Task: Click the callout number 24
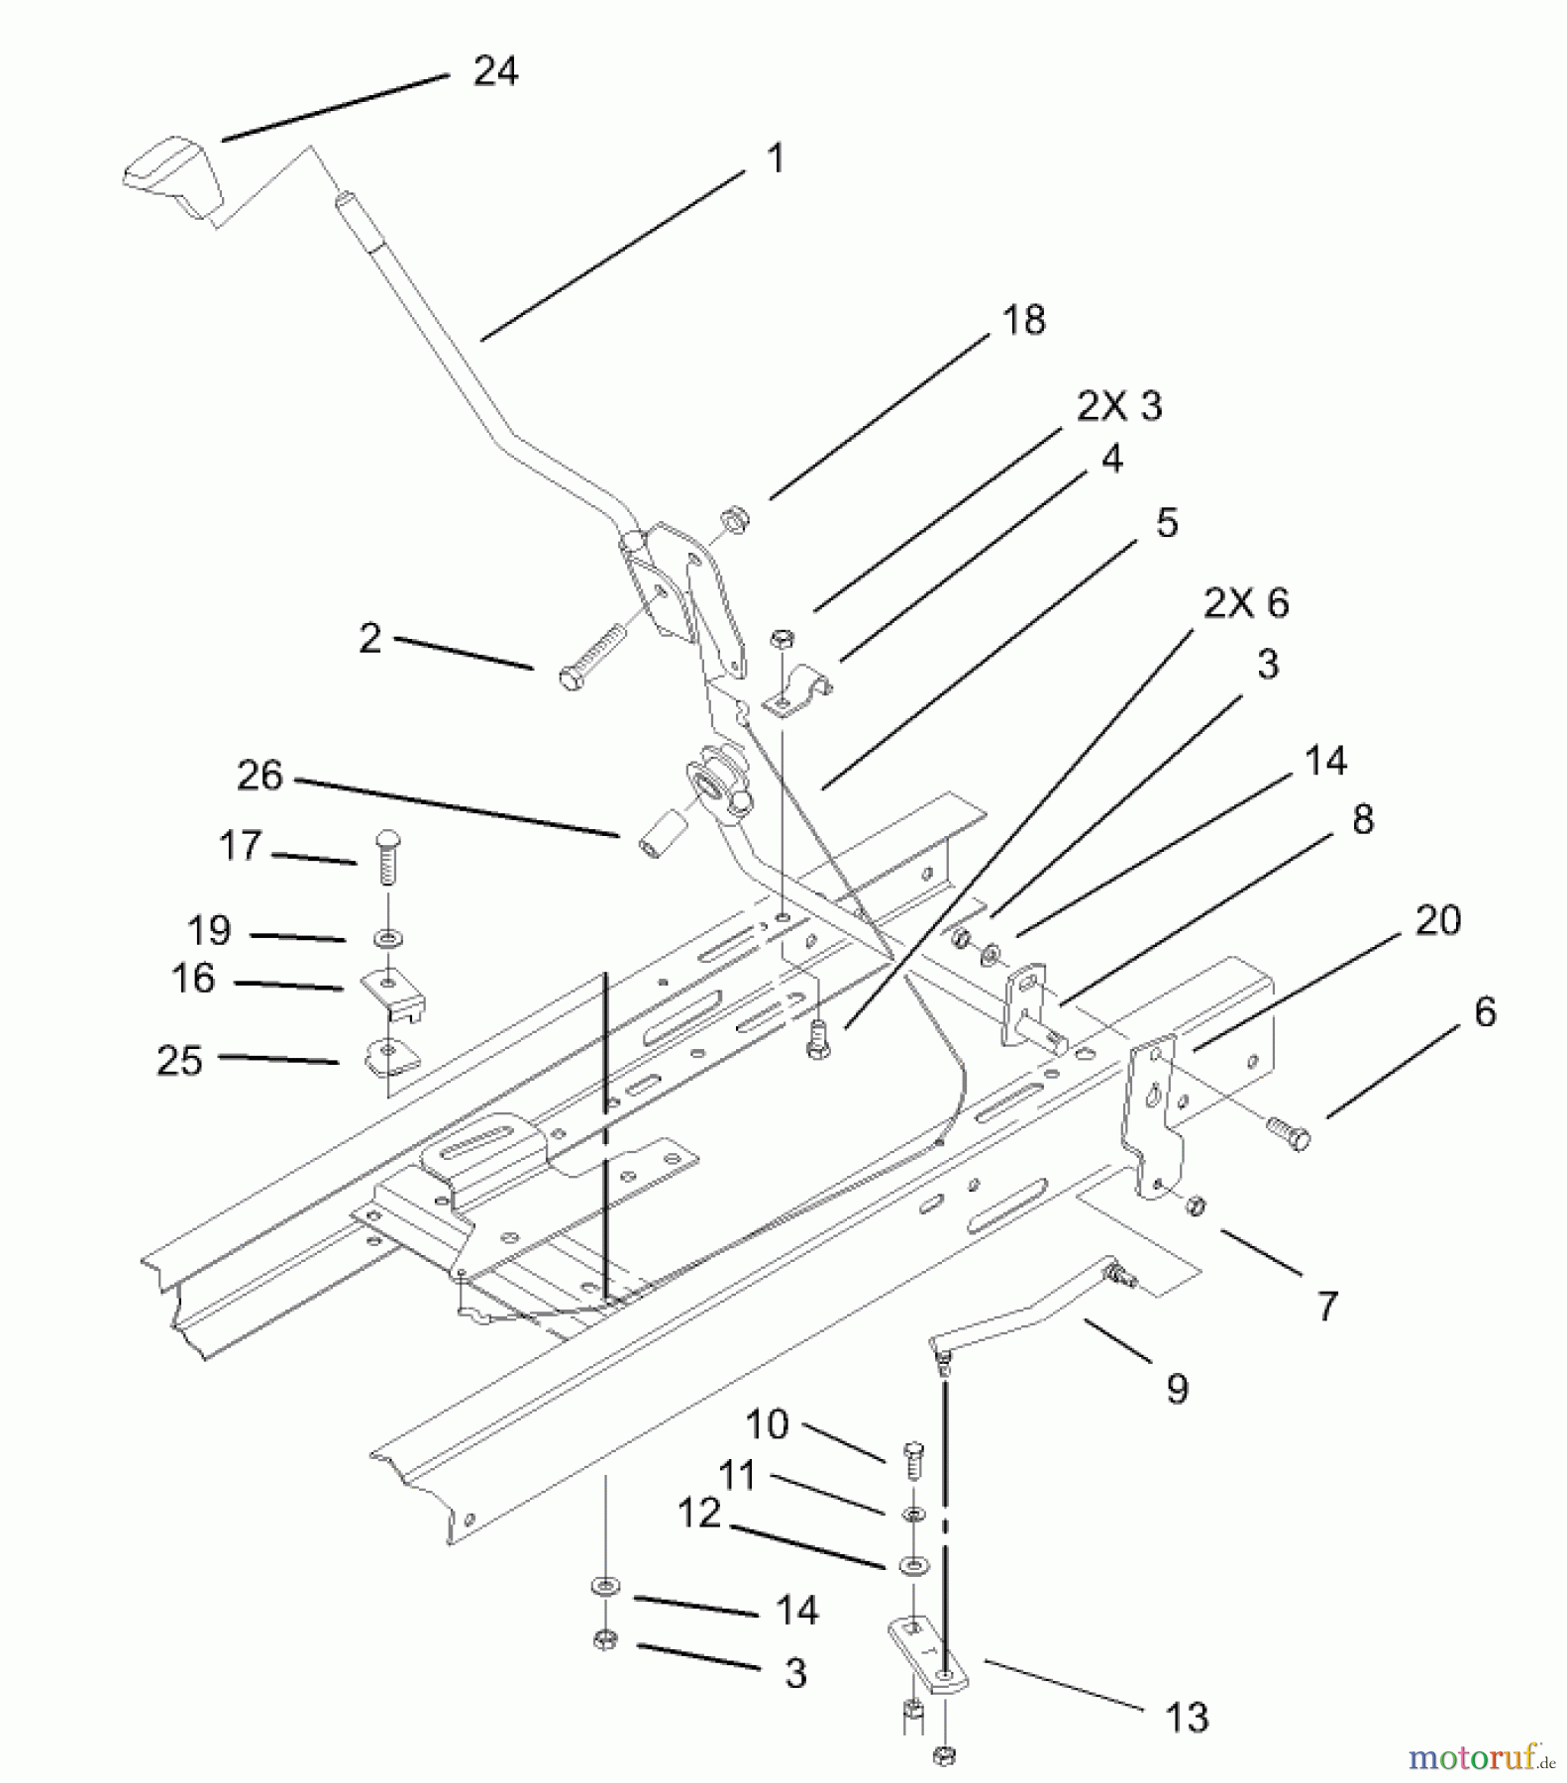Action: pyautogui.click(x=495, y=71)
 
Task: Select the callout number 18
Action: pyautogui.click(x=1023, y=320)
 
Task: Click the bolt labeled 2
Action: pyautogui.click(x=592, y=654)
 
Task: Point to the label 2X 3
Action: pyautogui.click(x=1119, y=405)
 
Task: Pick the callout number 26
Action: pyautogui.click(x=260, y=775)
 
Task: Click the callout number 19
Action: pyautogui.click(x=209, y=930)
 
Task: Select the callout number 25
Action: pyautogui.click(x=179, y=1060)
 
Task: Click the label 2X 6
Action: pyautogui.click(x=1246, y=602)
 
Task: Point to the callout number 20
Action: pyautogui.click(x=1438, y=920)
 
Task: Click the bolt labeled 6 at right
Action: pyautogui.click(x=1287, y=1130)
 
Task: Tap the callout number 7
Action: pyautogui.click(x=1327, y=1305)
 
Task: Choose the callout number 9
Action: pyautogui.click(x=1177, y=1389)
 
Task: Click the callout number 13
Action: pyautogui.click(x=1187, y=1717)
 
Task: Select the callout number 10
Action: pyautogui.click(x=767, y=1424)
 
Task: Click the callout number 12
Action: pyautogui.click(x=699, y=1513)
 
